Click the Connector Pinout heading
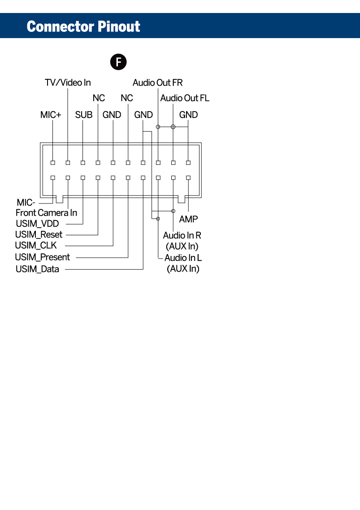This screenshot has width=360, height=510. pyautogui.click(x=83, y=26)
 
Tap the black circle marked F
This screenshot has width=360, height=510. pyautogui.click(x=119, y=62)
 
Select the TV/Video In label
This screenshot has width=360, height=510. pyautogui.click(x=68, y=82)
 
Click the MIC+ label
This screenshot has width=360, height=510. pyautogui.click(x=51, y=115)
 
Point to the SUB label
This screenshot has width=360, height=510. pyautogui.click(x=84, y=115)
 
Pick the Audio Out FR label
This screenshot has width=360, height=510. pyautogui.click(x=157, y=82)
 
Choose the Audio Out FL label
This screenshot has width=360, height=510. pyautogui.click(x=185, y=98)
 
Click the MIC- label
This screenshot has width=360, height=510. pyautogui.click(x=26, y=203)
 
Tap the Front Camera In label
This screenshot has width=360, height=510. pyautogui.click(x=46, y=213)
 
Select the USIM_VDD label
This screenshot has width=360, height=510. pyautogui.click(x=37, y=224)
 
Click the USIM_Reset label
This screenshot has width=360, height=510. pyautogui.click(x=39, y=234)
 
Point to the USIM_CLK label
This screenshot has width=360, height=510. pyautogui.click(x=36, y=246)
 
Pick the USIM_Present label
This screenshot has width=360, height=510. pyautogui.click(x=42, y=257)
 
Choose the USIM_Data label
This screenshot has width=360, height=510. pyautogui.click(x=37, y=269)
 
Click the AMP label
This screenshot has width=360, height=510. pyautogui.click(x=188, y=219)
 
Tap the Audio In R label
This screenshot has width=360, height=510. pyautogui.click(x=182, y=235)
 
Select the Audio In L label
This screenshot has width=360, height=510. pyautogui.click(x=183, y=258)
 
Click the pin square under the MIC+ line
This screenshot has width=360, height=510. pyautogui.click(x=53, y=163)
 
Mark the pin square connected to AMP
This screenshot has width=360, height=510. pyautogui.click(x=188, y=178)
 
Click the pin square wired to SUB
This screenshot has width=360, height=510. pyautogui.click(x=83, y=163)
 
